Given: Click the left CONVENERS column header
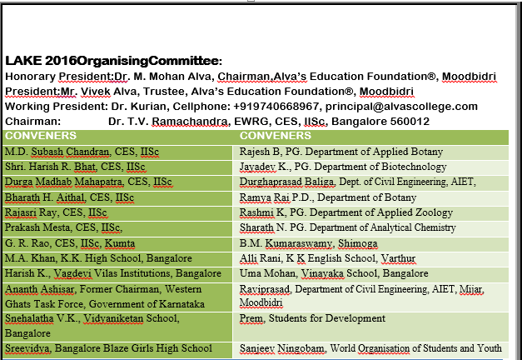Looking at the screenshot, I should click(x=41, y=136).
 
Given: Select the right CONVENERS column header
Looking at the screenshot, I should click(x=276, y=136).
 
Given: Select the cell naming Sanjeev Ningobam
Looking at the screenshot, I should click(x=370, y=347).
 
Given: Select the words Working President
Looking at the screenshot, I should click(x=54, y=107).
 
